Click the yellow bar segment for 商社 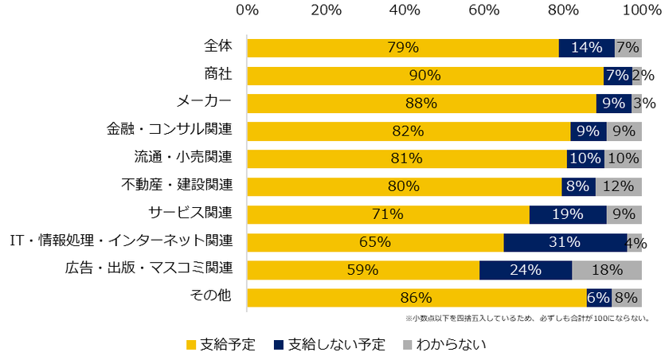[424, 76]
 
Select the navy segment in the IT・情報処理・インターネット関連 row [565, 242]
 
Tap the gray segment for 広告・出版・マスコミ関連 [607, 270]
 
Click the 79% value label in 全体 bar [403, 48]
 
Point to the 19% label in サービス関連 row [568, 214]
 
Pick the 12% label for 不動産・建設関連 [618, 186]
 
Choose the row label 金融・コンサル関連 [170, 129]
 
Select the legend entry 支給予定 [221, 345]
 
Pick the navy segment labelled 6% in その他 [598, 298]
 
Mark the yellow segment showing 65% [374, 242]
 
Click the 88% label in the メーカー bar [421, 104]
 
